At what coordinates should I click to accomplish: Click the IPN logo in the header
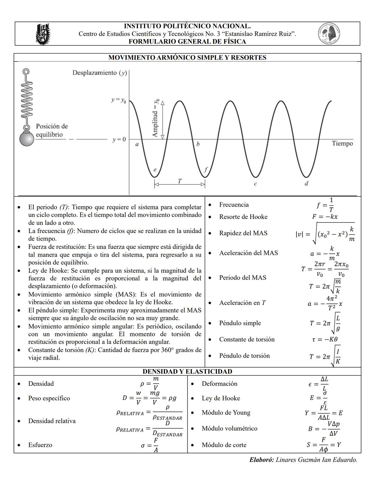point(43,34)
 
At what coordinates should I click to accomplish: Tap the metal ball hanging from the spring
point(26,139)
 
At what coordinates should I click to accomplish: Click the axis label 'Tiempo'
point(342,143)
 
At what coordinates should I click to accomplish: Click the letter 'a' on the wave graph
point(137,144)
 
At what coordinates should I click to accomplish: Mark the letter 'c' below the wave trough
point(255,184)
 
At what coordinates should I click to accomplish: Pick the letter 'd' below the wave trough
point(306,184)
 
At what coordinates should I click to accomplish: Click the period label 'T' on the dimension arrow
point(180,181)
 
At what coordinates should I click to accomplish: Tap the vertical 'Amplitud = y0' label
point(156,118)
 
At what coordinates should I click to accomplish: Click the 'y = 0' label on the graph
point(119,140)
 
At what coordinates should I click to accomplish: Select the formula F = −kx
point(325,217)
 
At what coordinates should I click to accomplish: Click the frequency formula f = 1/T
point(325,205)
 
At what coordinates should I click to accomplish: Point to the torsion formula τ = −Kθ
point(325,340)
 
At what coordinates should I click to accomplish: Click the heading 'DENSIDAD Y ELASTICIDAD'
point(187,371)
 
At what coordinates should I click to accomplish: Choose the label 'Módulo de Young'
point(226,412)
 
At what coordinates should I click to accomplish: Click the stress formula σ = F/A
point(150,445)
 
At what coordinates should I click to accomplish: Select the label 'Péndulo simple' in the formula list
point(240,323)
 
